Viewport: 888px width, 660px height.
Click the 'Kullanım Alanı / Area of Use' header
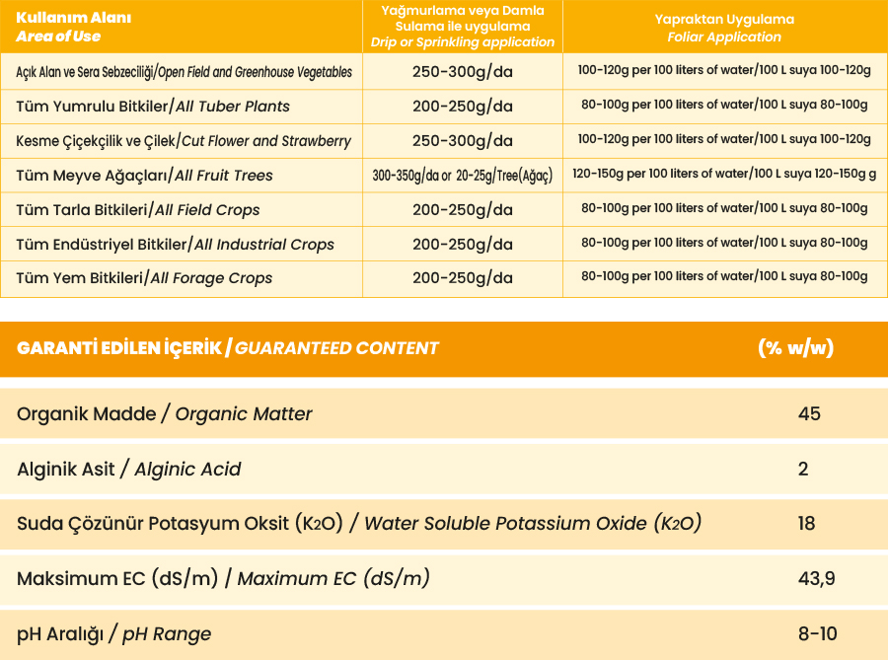tap(59, 27)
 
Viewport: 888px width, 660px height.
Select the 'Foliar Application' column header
tap(724, 28)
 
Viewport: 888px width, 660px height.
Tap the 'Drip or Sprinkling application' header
tap(462, 27)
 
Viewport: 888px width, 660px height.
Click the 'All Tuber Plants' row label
tap(153, 107)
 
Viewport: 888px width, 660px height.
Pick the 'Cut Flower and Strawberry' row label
tap(184, 141)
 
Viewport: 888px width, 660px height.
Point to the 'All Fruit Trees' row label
tap(144, 176)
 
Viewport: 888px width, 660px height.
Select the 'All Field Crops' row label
tap(138, 210)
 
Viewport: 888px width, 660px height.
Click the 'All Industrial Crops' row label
tap(175, 245)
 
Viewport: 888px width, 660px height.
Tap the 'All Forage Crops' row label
tap(144, 278)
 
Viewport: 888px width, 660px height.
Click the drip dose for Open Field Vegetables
tap(462, 72)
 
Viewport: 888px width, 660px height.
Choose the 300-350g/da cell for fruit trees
tap(462, 176)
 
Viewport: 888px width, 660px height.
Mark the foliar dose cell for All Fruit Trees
tap(724, 175)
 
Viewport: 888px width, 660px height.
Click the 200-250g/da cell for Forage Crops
tap(462, 278)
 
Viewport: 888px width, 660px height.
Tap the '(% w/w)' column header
tap(795, 348)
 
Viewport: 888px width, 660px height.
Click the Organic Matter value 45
tap(809, 414)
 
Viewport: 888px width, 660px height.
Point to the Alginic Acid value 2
tap(803, 469)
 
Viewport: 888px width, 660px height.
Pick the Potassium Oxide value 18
tap(807, 523)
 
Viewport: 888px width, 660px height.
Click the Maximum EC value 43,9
tap(816, 578)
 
